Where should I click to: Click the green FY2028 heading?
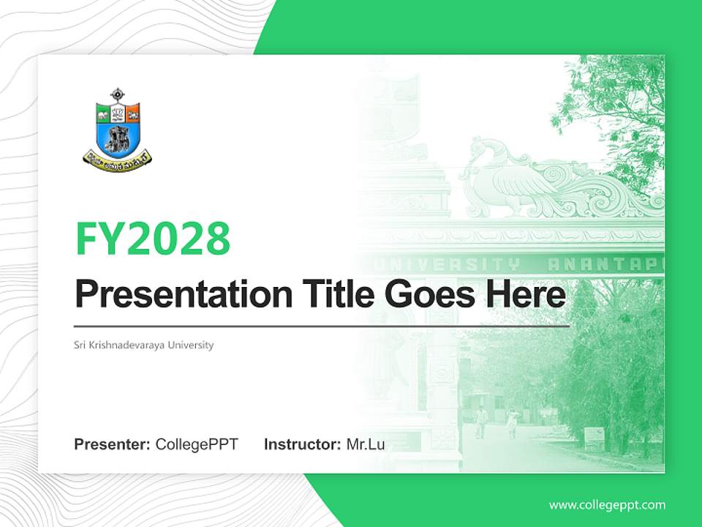[153, 238]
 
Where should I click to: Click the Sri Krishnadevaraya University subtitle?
[144, 345]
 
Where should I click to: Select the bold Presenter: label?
[113, 444]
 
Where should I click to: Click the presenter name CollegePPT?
[197, 444]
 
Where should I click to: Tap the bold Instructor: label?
[302, 444]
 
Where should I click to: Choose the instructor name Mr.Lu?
[366, 444]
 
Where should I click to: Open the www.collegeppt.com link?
[607, 504]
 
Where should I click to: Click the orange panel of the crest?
[132, 113]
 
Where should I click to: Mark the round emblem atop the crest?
[118, 95]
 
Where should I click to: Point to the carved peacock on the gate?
[512, 176]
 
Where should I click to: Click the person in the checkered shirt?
[480, 421]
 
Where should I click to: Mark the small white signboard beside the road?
[594, 438]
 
